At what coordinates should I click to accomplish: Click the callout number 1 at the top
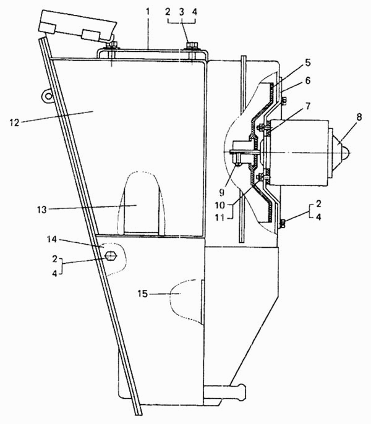click(x=148, y=12)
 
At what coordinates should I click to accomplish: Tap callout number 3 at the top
click(x=181, y=12)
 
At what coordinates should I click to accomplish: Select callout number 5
click(x=308, y=63)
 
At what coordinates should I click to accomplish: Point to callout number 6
click(x=308, y=80)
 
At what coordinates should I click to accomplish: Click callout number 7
click(x=308, y=106)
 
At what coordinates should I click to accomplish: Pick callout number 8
click(x=359, y=117)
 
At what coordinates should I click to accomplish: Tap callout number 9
click(x=221, y=192)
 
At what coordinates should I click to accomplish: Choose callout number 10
click(x=220, y=205)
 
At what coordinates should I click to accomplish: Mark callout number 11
click(x=220, y=217)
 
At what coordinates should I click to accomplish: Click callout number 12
click(x=15, y=123)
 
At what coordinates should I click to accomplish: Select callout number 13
click(x=42, y=210)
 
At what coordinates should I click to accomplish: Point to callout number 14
click(x=52, y=239)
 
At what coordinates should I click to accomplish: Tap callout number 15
click(x=143, y=294)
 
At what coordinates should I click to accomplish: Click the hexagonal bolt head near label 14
click(x=111, y=256)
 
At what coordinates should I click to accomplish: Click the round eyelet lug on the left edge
click(x=48, y=96)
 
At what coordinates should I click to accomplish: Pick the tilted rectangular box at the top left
click(x=78, y=27)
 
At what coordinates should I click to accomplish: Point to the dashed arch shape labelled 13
click(x=141, y=203)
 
